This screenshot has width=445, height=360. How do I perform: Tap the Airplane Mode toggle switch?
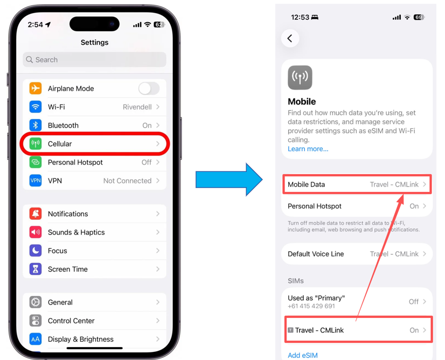click(149, 88)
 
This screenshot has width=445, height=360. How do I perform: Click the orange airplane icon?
click(36, 88)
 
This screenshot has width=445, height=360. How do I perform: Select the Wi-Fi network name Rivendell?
click(137, 107)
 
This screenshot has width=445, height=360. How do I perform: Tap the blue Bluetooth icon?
click(36, 125)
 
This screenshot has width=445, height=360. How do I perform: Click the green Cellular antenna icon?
click(36, 144)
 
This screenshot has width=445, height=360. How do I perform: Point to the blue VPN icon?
click(36, 181)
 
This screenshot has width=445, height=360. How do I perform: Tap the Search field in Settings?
click(94, 60)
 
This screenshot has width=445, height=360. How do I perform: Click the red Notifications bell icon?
click(36, 214)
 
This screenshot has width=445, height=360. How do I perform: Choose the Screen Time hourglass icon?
click(36, 269)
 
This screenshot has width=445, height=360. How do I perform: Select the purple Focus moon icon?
click(36, 251)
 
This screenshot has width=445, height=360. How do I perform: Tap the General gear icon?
click(36, 302)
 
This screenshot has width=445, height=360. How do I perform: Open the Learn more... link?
click(308, 149)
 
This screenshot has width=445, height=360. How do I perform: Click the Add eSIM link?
click(303, 355)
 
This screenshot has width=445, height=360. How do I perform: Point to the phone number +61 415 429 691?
click(311, 306)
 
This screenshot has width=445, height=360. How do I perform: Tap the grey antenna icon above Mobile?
click(300, 78)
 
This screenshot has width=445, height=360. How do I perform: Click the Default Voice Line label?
click(316, 254)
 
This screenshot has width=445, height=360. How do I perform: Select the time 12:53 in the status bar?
click(300, 17)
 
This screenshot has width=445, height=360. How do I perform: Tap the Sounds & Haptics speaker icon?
click(36, 232)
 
